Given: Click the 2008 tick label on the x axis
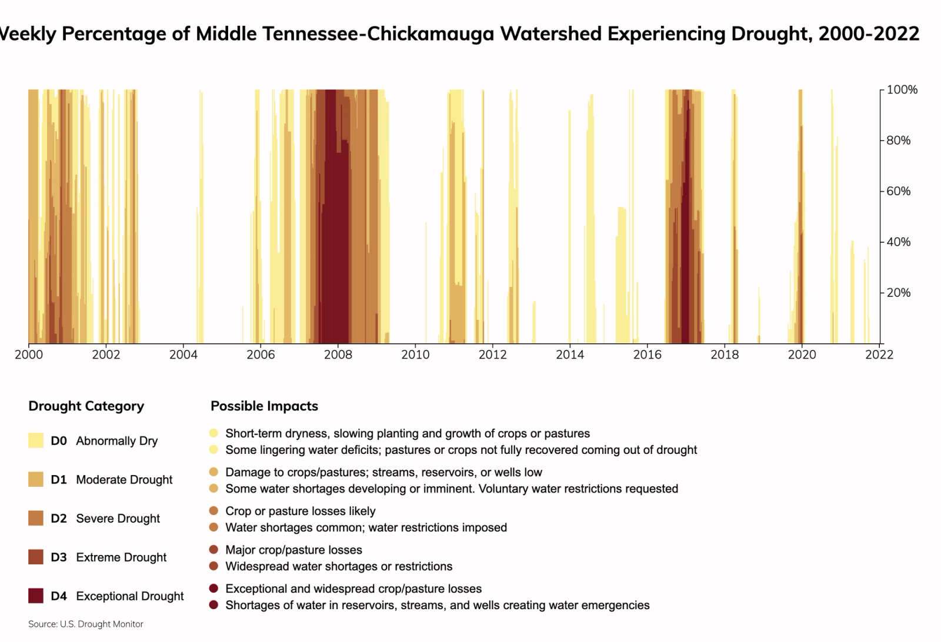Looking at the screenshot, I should click(338, 355).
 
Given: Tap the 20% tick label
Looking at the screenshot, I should click(898, 293).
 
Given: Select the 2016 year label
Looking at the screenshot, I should click(647, 355).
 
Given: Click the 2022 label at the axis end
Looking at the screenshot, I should click(879, 355).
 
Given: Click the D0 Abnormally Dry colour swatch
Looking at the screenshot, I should click(36, 441).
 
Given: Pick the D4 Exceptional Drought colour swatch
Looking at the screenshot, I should click(36, 596).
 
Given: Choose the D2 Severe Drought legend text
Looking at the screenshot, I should click(105, 519).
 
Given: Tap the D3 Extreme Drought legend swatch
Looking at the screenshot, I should click(36, 557).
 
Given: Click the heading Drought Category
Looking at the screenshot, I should click(86, 406).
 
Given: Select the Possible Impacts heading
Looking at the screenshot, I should click(264, 406).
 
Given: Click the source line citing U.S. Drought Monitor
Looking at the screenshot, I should click(86, 624).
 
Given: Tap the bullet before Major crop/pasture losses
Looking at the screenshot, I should click(213, 550).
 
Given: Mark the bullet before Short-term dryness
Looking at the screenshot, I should click(213, 433).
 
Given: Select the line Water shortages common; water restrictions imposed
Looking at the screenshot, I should click(366, 528).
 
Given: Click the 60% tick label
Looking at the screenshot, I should click(898, 191).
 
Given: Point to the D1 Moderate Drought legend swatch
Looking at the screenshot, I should click(36, 480).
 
